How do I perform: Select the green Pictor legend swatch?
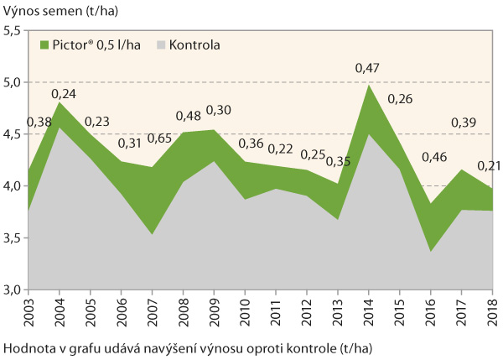pos(47,44)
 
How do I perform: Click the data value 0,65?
pos(160,139)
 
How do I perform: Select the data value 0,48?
pos(189,116)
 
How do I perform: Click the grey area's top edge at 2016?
pos(430,251)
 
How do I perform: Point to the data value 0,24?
pos(64,94)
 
